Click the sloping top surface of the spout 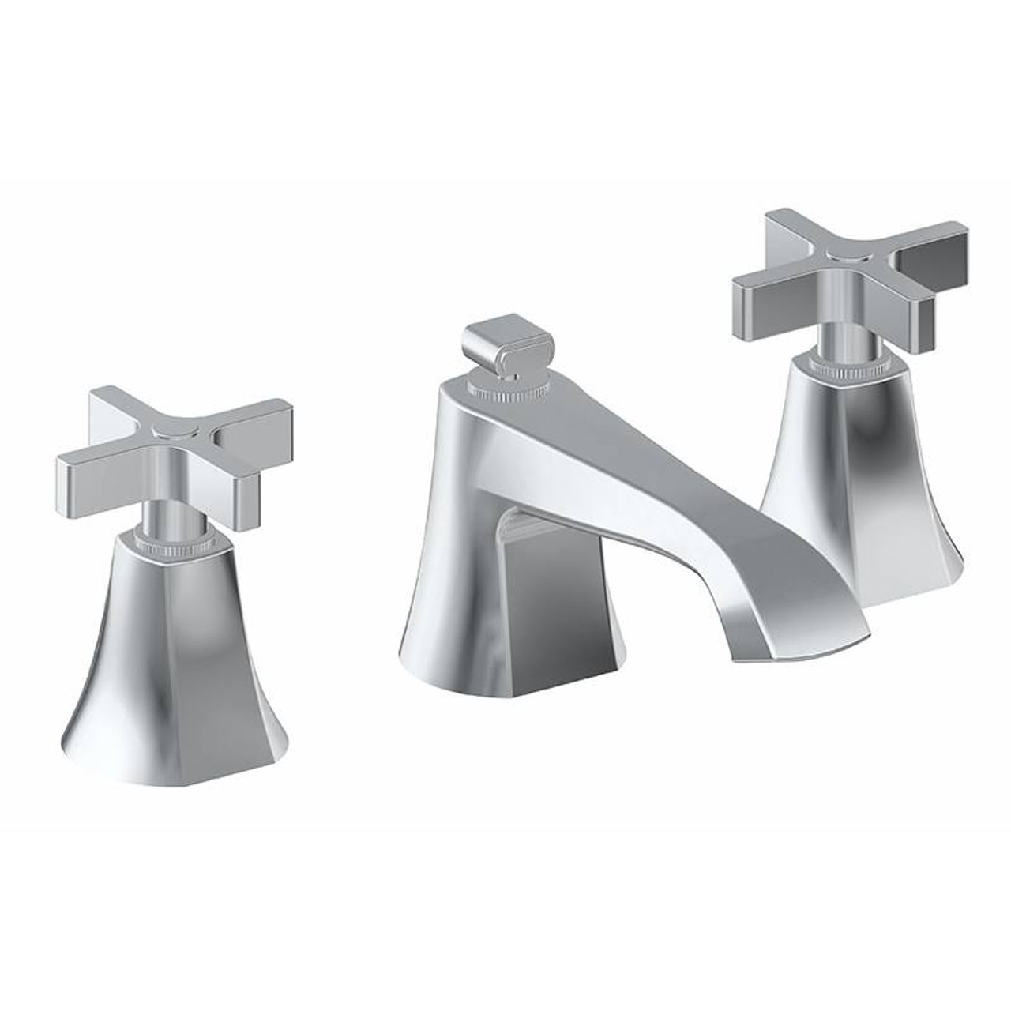[632, 474]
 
